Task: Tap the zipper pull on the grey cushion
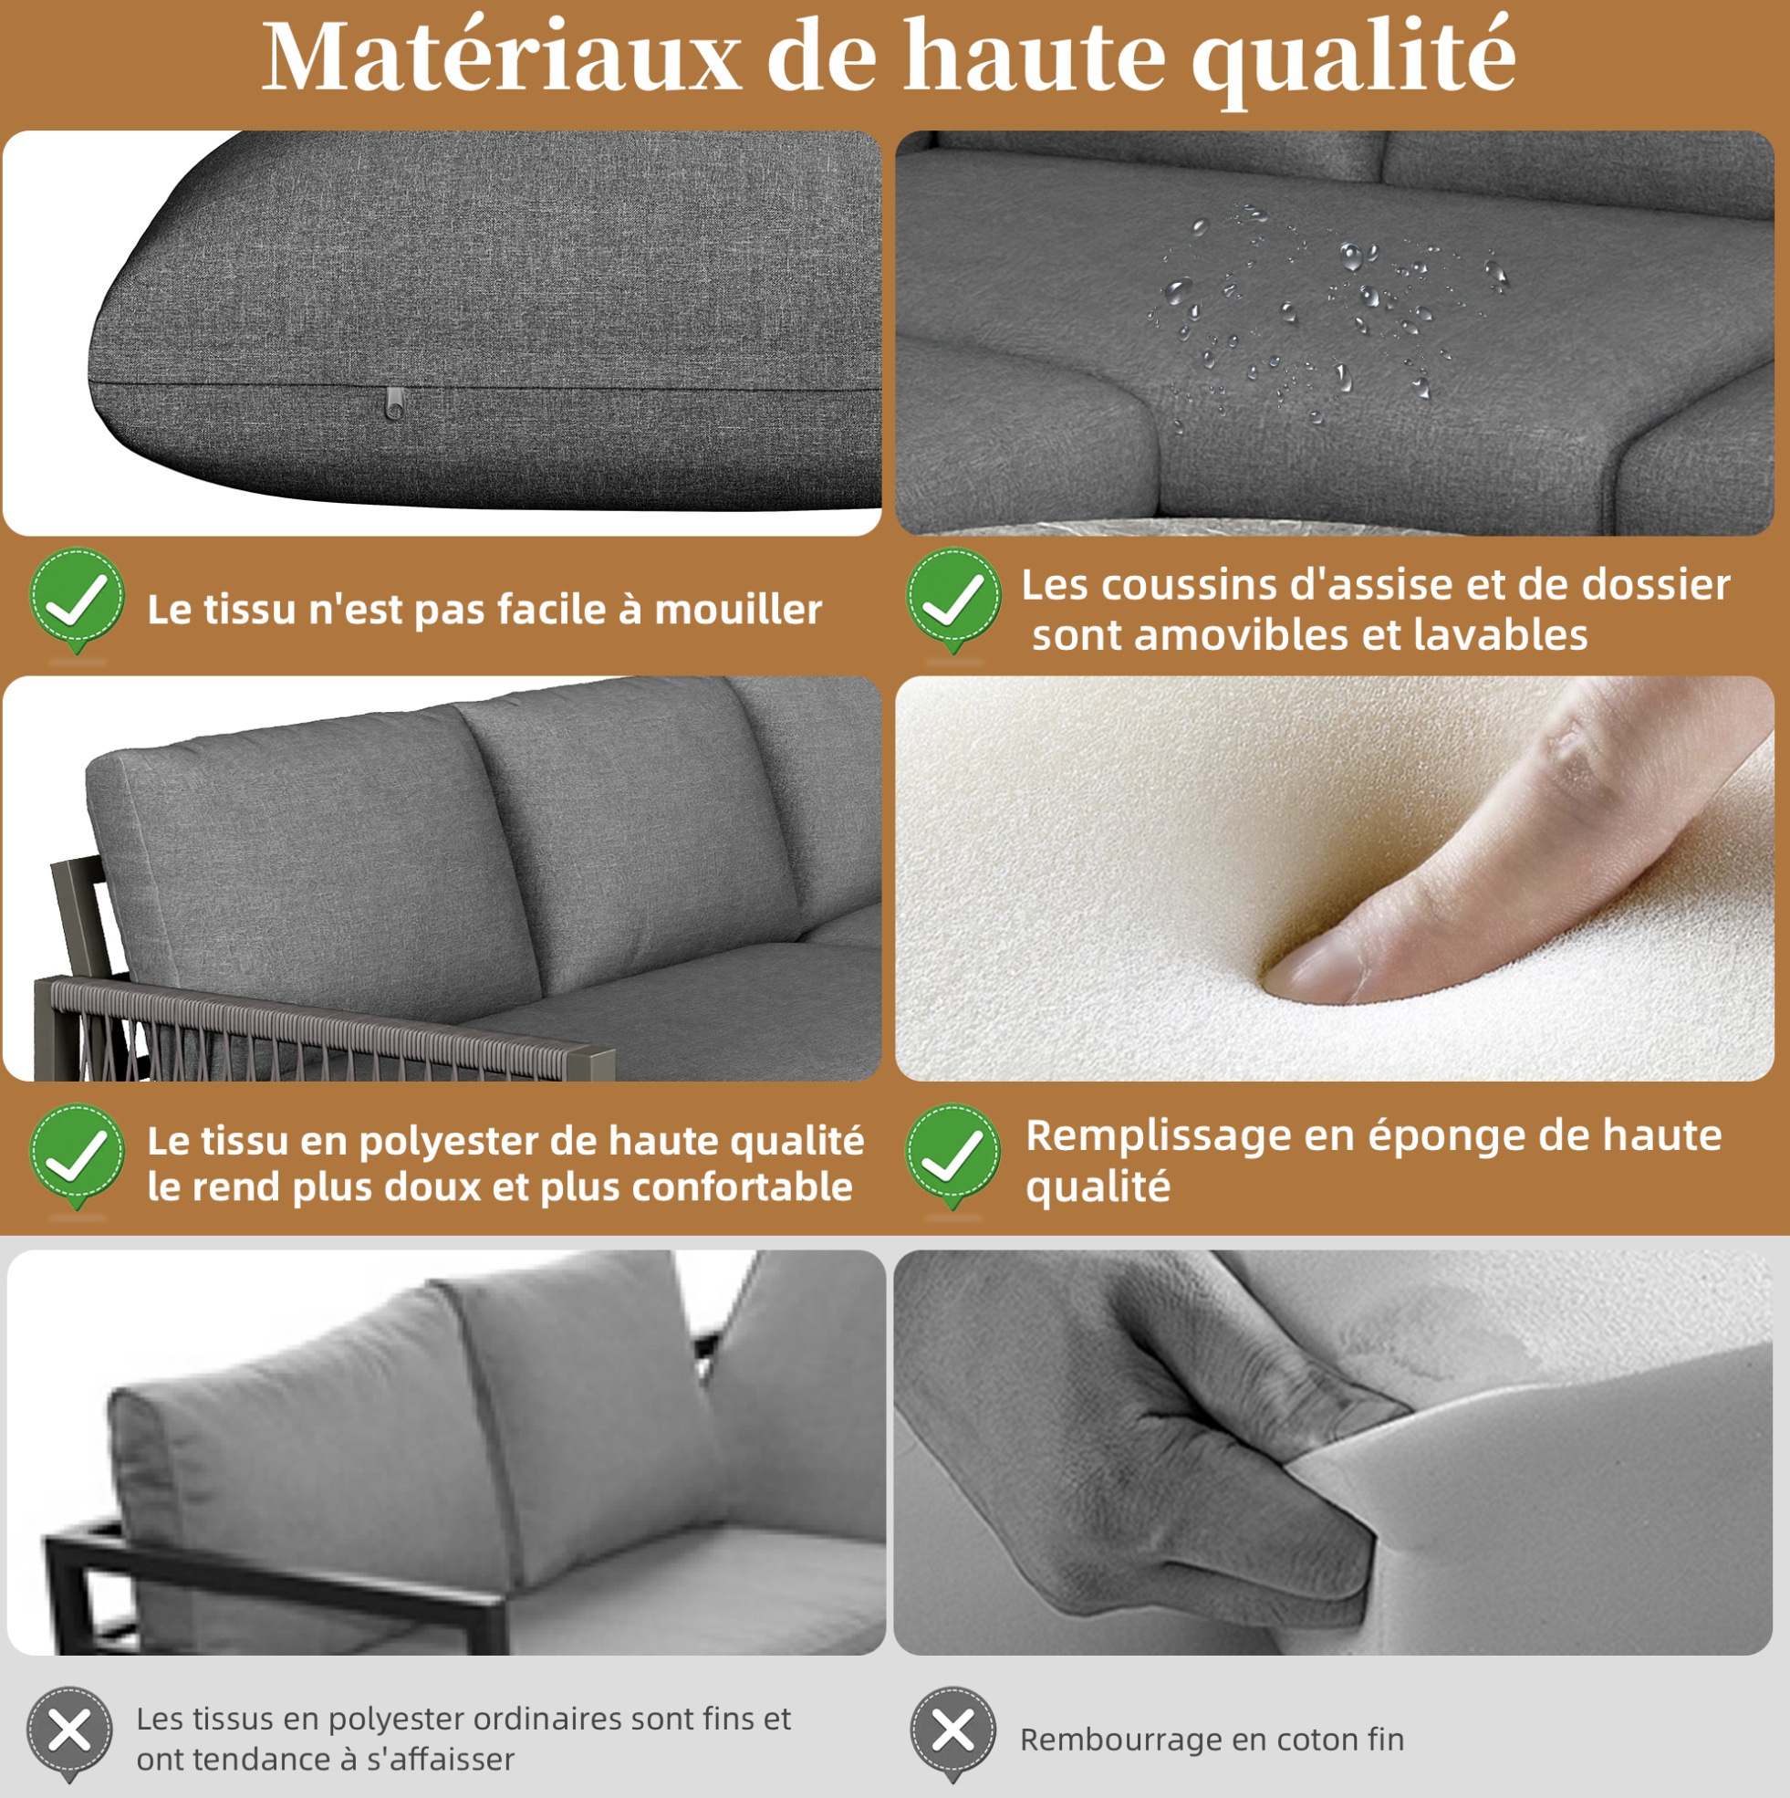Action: [x=394, y=403]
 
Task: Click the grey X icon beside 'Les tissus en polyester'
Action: [x=69, y=1732]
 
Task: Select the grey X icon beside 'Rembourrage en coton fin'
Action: [x=953, y=1732]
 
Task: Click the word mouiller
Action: [x=738, y=610]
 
